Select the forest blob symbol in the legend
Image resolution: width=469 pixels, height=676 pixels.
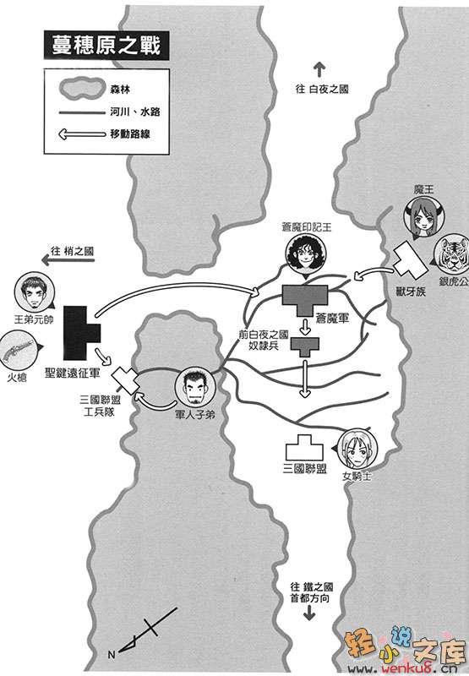pyautogui.click(x=81, y=89)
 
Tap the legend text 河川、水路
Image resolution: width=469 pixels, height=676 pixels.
pyautogui.click(x=134, y=112)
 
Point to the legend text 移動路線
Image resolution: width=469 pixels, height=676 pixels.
pyautogui.click(x=130, y=134)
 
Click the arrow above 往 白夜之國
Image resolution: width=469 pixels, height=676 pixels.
pyautogui.click(x=319, y=69)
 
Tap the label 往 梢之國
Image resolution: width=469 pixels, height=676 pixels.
pyautogui.click(x=72, y=251)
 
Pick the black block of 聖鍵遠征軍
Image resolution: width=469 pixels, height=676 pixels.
pyautogui.click(x=82, y=333)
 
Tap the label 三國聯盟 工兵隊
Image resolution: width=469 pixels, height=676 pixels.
pyautogui.click(x=100, y=406)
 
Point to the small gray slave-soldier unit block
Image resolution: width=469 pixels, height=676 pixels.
pyautogui.click(x=305, y=346)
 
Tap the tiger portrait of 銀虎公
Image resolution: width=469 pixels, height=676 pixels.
pyautogui.click(x=452, y=254)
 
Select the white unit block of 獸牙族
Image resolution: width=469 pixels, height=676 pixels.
pyautogui.click(x=408, y=260)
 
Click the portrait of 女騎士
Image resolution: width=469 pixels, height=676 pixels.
pyautogui.click(x=357, y=449)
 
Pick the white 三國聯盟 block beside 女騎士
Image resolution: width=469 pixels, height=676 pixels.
pyautogui.click(x=304, y=448)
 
